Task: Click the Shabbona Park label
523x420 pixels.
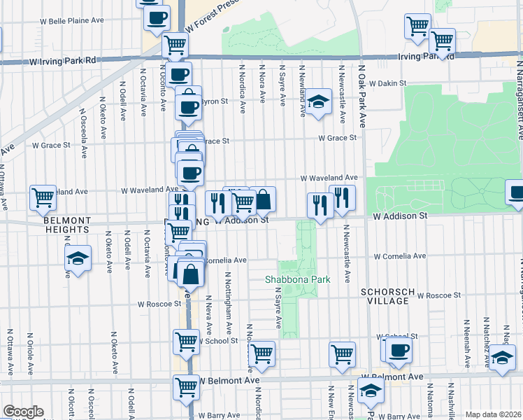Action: [297, 279]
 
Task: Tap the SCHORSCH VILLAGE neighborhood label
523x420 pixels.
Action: [384, 295]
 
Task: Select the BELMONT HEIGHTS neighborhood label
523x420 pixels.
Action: [66, 224]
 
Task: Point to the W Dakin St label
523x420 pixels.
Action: [388, 83]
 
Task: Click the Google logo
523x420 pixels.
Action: [23, 412]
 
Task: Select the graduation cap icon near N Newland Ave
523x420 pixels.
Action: [318, 101]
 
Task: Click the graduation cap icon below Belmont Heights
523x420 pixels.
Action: [78, 258]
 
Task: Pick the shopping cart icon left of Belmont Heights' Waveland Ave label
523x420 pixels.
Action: [43, 197]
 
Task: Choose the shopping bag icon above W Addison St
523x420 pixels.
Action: [264, 200]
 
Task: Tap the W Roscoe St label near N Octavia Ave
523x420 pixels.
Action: [160, 304]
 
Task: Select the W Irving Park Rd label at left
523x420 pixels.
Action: [62, 62]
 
